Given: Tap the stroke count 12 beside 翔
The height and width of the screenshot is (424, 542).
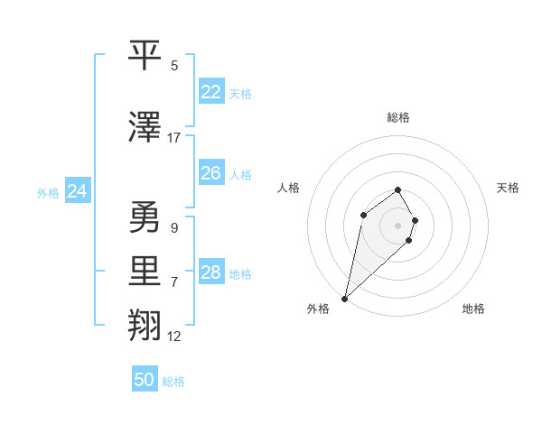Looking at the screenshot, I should coord(174,336).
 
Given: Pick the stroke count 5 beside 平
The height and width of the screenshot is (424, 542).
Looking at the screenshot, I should coord(174,65).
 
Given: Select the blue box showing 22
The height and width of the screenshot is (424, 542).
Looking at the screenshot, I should coord(210,92).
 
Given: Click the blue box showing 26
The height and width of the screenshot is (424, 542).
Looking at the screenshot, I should coord(210,172).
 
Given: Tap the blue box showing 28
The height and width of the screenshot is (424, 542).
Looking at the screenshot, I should coord(210,272).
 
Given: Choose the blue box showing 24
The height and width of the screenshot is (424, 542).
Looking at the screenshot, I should coord(78,191).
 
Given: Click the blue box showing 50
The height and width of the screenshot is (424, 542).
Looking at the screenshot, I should coord(145,380).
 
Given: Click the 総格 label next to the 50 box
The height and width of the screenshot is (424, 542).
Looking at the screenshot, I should coord(173,382).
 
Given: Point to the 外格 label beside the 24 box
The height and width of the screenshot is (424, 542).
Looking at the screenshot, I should coord(48,193).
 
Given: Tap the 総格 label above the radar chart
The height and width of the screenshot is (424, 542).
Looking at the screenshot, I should coord(398,117).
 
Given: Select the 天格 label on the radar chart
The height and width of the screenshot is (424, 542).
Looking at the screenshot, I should coord(508,188).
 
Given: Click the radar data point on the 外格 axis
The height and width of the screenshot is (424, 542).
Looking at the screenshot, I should coord(344,298).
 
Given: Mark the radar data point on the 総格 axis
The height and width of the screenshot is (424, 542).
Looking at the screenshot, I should coord(398,189).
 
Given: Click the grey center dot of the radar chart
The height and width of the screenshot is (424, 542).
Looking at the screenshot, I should coord(398,225).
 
